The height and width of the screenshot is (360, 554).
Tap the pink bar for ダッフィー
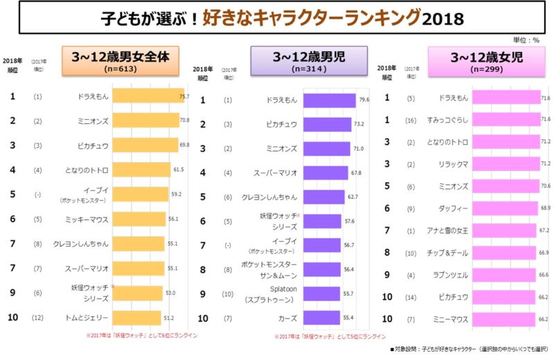504,208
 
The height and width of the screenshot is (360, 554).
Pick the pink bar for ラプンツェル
503,274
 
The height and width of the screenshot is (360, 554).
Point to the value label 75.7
184,96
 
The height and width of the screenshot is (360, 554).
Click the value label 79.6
364,100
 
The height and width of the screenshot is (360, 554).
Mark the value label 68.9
544,208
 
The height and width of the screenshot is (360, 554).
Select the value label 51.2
169,318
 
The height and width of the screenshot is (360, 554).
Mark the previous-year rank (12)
37,318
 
